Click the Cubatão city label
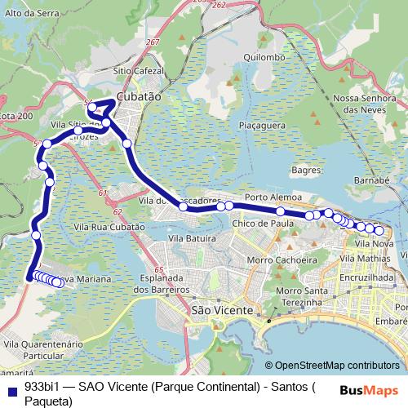click(140, 95)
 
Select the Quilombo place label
click(265, 58)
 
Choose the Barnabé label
click(371, 180)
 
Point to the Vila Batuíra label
click(191, 237)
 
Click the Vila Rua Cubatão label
click(109, 228)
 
